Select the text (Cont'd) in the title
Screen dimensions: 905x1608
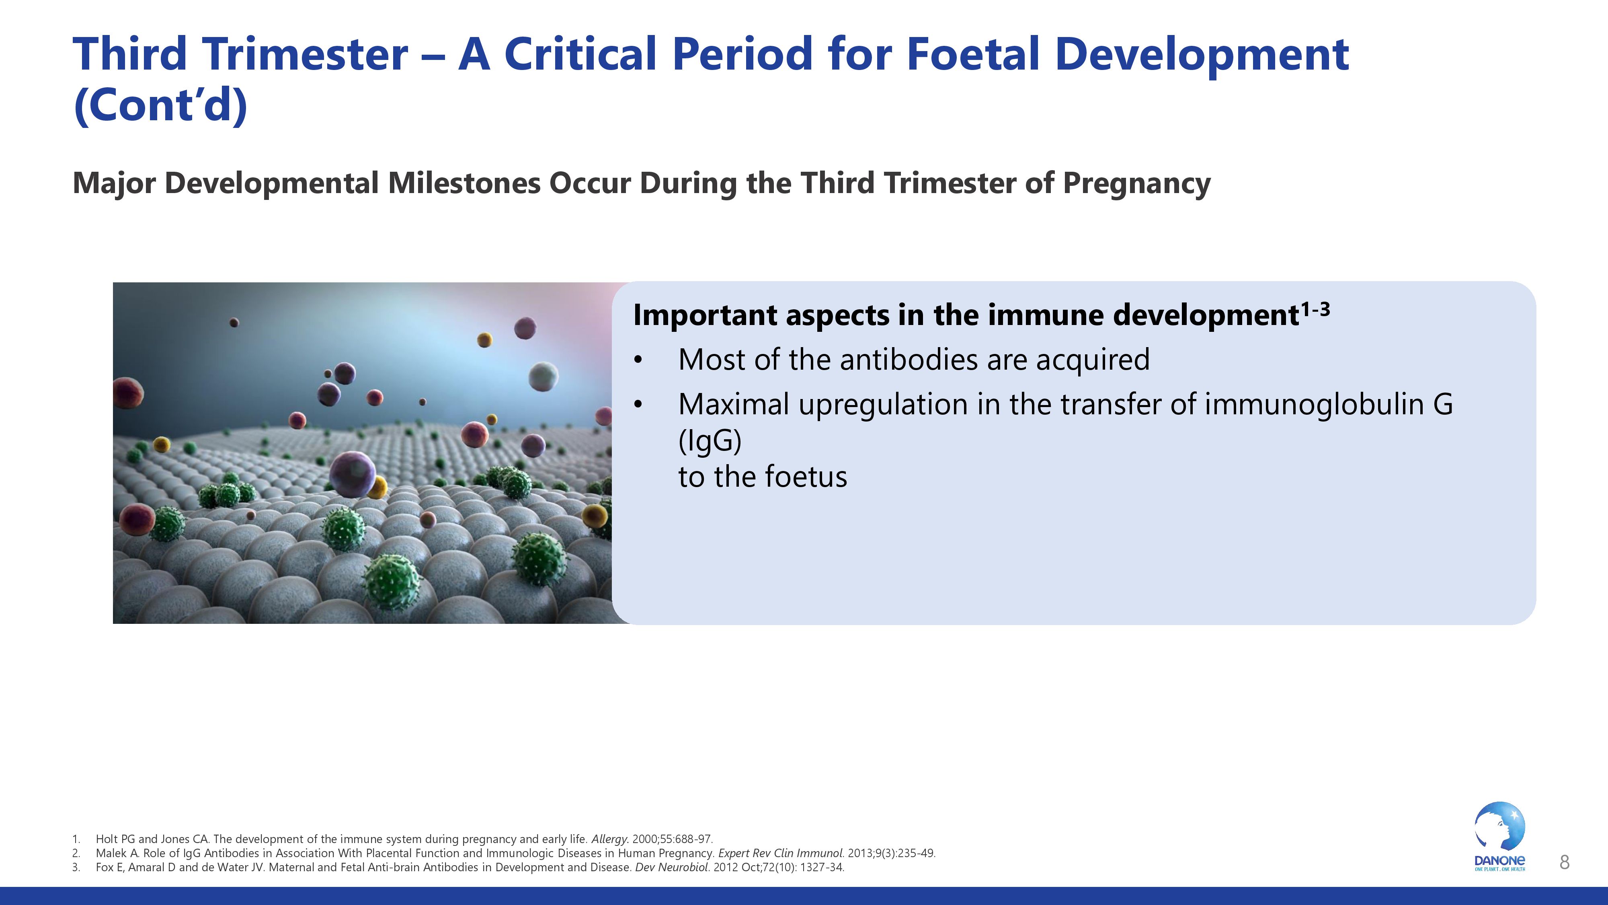coord(160,105)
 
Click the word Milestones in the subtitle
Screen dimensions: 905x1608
coord(464,184)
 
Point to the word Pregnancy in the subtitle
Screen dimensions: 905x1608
coord(1136,184)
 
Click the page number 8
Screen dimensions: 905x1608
coord(1564,862)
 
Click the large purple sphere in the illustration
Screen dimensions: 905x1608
coord(353,475)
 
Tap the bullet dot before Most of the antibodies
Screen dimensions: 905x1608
coord(637,360)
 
